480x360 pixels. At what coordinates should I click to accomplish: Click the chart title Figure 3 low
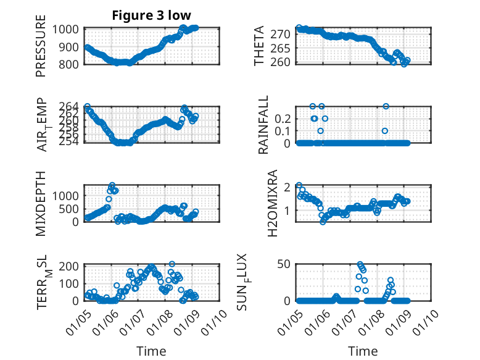[x=151, y=15]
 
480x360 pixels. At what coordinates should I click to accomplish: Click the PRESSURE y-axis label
[x=41, y=49]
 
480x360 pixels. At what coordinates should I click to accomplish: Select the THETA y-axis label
[x=260, y=46]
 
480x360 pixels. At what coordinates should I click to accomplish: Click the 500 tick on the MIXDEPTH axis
[x=71, y=209]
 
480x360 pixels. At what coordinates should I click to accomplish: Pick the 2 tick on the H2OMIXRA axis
[x=289, y=186]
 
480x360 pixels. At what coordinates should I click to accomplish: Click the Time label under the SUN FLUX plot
[x=363, y=351]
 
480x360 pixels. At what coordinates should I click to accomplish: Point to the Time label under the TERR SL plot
[x=151, y=351]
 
